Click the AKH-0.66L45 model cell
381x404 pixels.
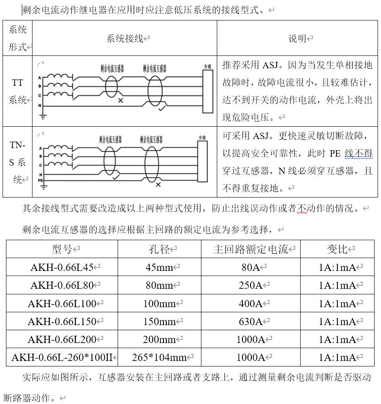pos(62,267)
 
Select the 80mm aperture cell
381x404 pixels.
pos(159,285)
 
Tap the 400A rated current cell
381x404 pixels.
pos(251,304)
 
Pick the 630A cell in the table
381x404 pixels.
pos(251,322)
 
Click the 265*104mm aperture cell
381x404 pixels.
pos(159,357)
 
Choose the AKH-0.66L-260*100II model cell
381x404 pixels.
pos(62,357)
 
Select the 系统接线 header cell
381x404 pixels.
pos(125,38)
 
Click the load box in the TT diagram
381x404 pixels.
pos(208,91)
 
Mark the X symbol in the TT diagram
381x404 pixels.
pos(121,100)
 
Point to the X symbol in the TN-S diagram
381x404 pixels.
pos(158,185)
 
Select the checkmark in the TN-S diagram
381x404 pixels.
pos(115,177)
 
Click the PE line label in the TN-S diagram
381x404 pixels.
pos(41,180)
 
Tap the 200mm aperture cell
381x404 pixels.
pos(159,340)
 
